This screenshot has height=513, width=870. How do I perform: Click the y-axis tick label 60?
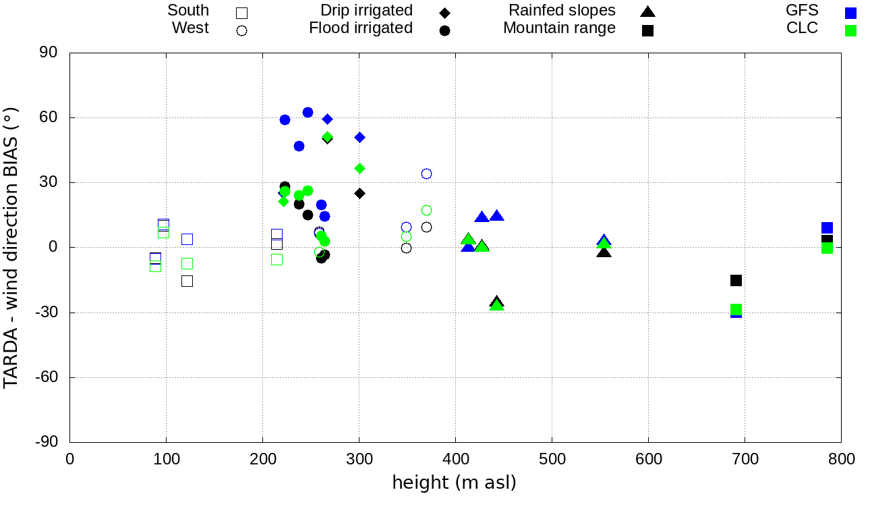49,117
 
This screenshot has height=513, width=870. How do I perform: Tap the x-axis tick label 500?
552,460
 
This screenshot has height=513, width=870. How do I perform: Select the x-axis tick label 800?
841,460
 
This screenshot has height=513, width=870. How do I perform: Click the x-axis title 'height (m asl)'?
455,483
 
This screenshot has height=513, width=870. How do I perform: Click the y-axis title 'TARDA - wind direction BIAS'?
11,247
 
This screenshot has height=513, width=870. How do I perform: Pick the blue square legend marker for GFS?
850,12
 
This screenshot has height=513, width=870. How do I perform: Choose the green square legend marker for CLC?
850,30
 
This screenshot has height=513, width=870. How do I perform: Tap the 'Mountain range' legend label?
559,28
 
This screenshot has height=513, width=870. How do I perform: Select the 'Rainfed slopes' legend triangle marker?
647,11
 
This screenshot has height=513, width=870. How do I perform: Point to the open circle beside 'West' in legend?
242,30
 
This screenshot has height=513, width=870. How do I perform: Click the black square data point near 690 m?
736,280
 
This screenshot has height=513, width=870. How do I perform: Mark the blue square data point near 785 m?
827,228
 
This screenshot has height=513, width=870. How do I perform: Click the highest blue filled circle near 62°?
308,112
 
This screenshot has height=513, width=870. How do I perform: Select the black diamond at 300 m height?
359,193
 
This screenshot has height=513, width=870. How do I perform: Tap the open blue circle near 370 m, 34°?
426,173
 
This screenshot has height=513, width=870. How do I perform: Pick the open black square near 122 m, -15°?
187,281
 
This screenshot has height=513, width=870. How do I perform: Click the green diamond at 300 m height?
359,168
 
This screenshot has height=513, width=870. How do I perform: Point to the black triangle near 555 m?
604,252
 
